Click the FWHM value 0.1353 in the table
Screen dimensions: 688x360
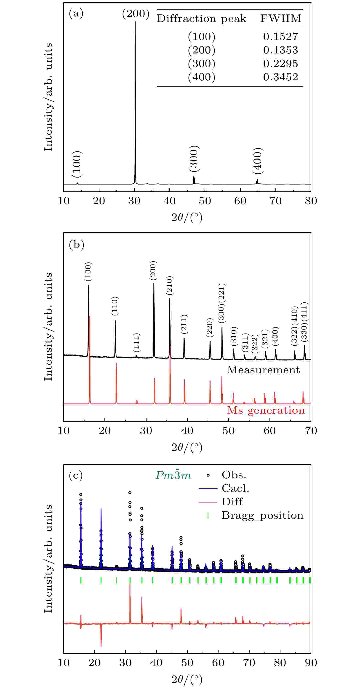coord(280,50)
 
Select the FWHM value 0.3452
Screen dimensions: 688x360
coord(280,77)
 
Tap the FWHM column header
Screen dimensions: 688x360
coord(281,19)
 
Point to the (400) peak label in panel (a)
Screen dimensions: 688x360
coord(258,161)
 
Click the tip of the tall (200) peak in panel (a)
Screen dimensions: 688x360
coord(135,22)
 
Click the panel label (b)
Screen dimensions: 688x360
coord(76,244)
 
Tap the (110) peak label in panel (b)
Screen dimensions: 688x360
coord(115,306)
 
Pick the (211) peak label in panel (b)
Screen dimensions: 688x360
coord(184,324)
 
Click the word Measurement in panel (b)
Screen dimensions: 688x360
coord(263,370)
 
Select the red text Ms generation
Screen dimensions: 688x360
coord(266,410)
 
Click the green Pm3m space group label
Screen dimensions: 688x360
coord(173,475)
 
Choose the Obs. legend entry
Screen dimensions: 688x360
coord(234,475)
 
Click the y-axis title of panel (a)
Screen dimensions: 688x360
coord(48,97)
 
